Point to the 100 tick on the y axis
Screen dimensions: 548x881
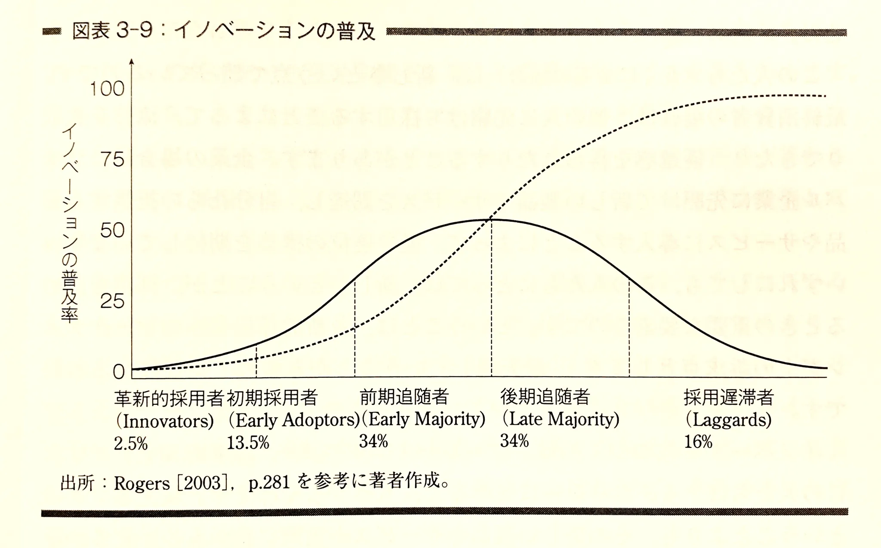coord(107,89)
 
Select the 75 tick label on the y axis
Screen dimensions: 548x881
coord(112,160)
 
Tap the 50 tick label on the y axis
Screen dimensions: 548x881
coord(112,231)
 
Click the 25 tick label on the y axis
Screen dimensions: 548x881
coord(112,302)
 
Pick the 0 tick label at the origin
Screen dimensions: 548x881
coord(118,372)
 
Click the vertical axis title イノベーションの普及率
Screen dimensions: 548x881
coord(70,223)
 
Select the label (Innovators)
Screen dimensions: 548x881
coord(165,421)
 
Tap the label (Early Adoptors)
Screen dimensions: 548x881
coord(294,420)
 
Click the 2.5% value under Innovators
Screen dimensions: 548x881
coord(131,444)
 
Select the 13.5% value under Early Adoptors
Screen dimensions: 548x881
coord(248,443)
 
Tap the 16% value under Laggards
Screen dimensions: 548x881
coord(698,442)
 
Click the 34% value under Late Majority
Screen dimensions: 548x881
coord(514,441)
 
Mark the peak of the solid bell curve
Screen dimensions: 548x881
coord(491,220)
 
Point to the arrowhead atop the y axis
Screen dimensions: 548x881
coord(132,62)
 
